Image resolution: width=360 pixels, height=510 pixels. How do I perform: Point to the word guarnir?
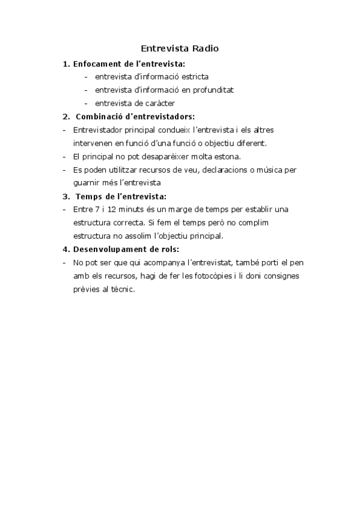click(x=86, y=182)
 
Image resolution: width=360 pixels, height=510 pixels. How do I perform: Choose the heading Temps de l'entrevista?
click(x=121, y=195)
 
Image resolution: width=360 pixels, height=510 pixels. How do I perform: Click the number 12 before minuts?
click(x=117, y=209)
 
